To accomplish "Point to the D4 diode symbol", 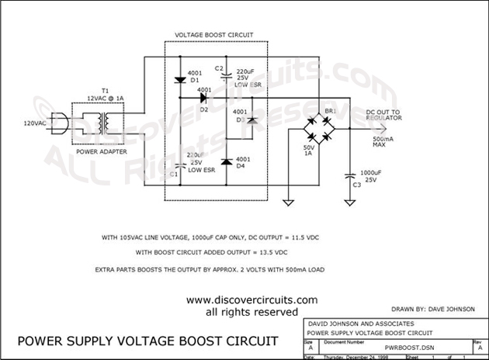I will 226,162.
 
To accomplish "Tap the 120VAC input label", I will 35,123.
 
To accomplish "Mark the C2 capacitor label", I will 220,68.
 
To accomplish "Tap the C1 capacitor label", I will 174,175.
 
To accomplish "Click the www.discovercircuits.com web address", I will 241,300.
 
